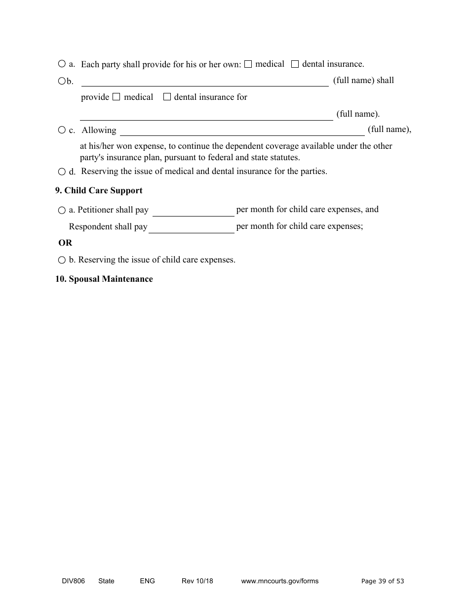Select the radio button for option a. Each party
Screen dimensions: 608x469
(62, 64)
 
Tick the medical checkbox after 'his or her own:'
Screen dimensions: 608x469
(248, 64)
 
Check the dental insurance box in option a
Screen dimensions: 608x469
(295, 64)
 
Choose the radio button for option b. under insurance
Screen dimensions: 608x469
(62, 81)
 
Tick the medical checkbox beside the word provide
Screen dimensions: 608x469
(116, 97)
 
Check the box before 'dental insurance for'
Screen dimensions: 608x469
(167, 97)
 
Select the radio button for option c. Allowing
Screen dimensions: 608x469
(62, 130)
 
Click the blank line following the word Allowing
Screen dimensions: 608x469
(242, 131)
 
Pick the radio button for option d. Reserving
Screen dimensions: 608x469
(62, 172)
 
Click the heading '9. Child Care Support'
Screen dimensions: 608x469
(99, 191)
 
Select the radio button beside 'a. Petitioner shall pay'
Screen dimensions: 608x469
(62, 211)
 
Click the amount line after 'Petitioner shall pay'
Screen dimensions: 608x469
(193, 212)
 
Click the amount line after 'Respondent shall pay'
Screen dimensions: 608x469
(191, 228)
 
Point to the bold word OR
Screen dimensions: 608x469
(65, 243)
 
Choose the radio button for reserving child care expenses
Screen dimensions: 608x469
(62, 260)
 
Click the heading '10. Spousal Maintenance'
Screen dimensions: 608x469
(104, 279)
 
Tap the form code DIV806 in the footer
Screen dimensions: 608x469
(70, 581)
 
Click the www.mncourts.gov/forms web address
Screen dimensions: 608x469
(279, 581)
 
